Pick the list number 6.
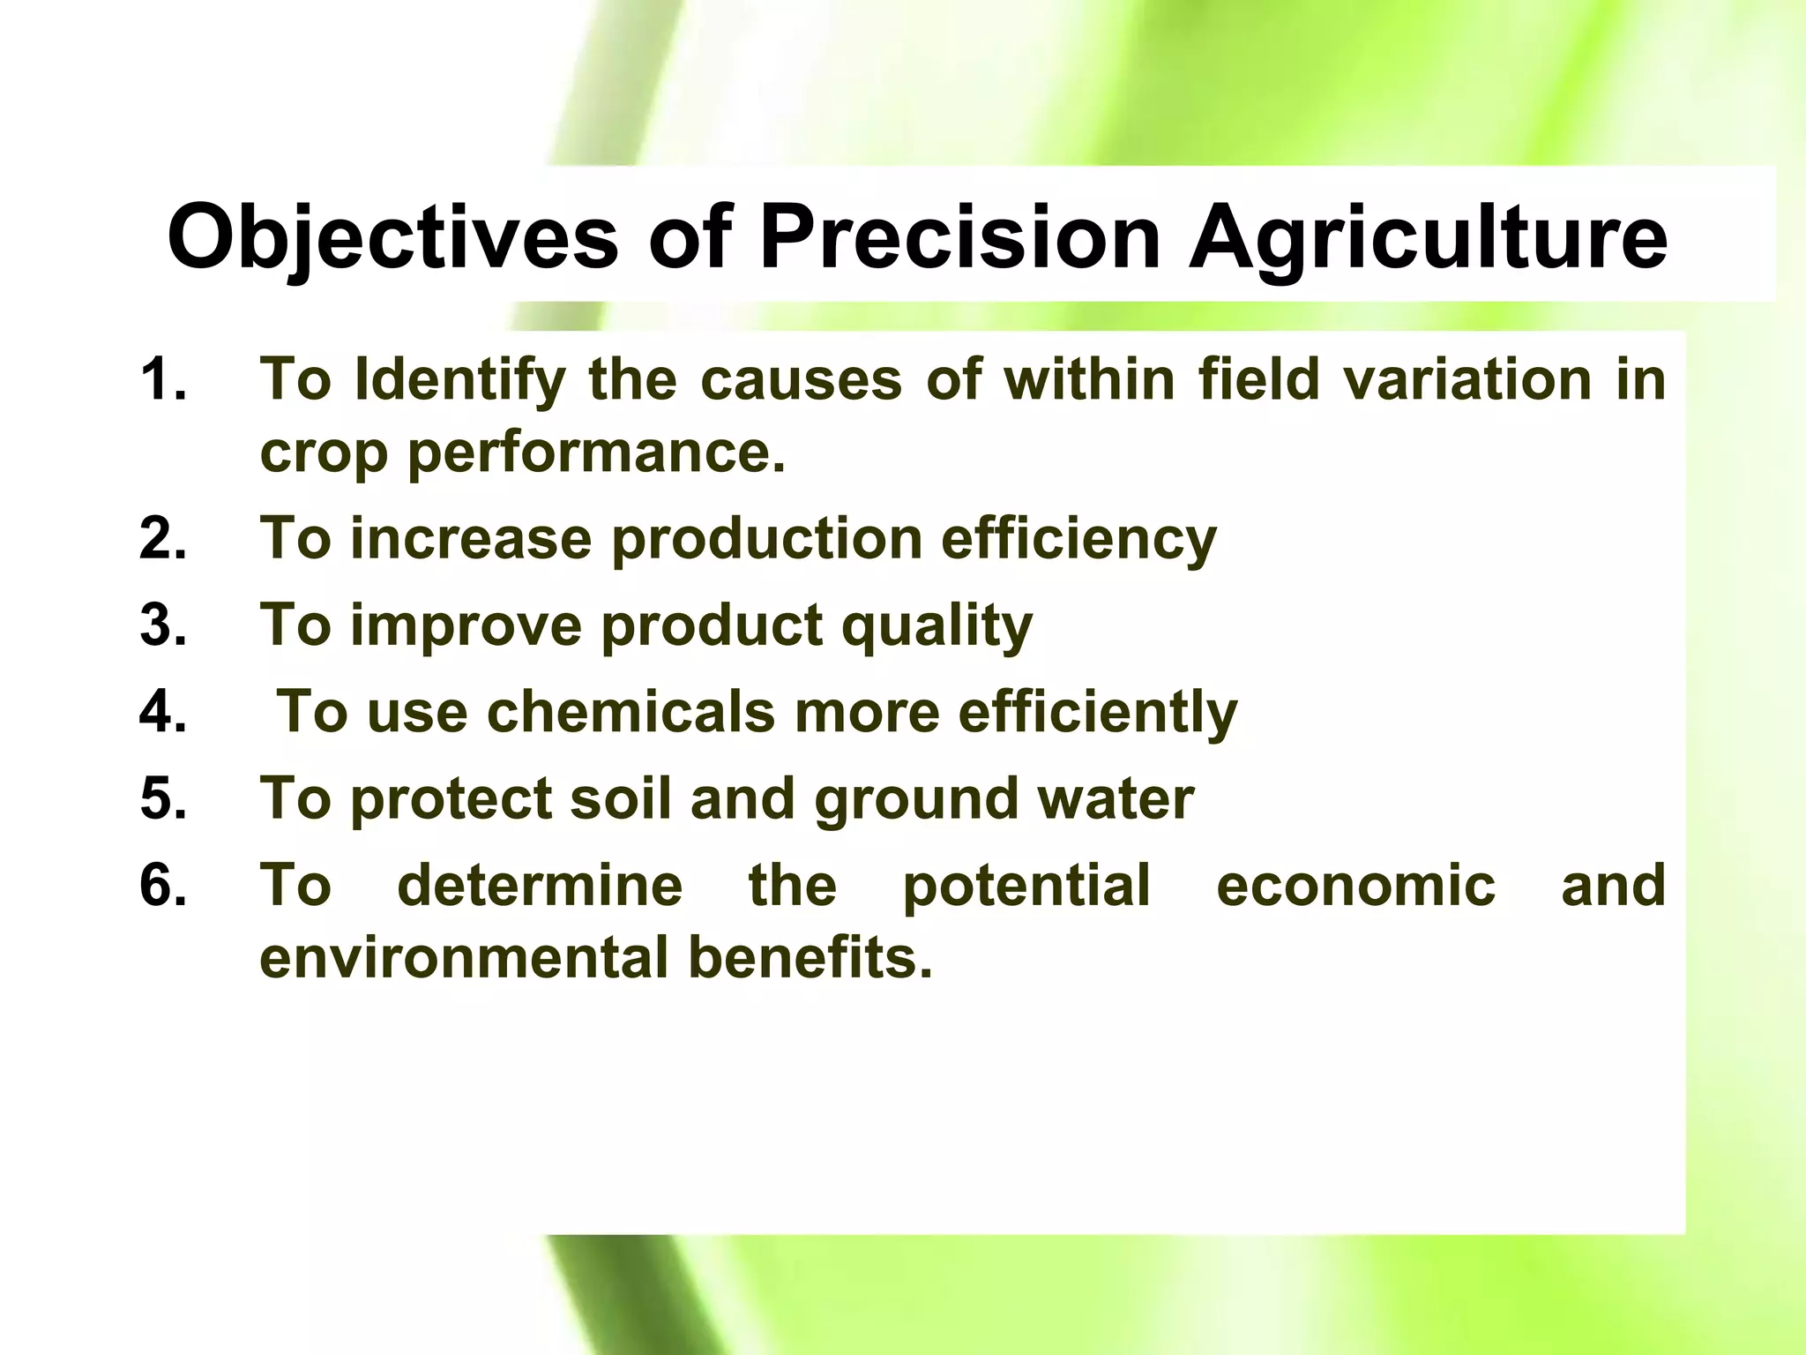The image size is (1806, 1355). pyautogui.click(x=163, y=885)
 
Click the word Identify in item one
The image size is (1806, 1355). pyautogui.click(x=459, y=381)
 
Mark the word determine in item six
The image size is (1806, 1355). pyautogui.click(x=540, y=885)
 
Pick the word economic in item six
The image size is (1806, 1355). pyautogui.click(x=1355, y=885)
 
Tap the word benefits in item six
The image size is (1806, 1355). pyautogui.click(x=810, y=959)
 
